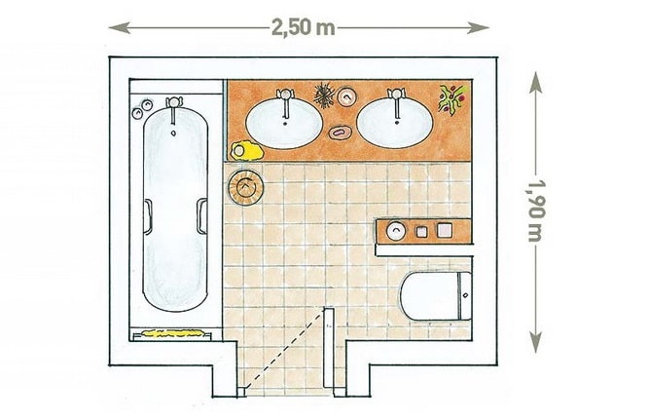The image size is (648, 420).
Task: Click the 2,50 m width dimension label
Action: (x=304, y=27)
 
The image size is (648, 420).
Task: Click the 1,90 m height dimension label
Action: (x=536, y=210)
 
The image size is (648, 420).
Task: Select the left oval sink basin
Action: (x=284, y=124)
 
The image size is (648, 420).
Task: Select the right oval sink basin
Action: (x=395, y=123)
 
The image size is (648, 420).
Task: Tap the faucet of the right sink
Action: (x=396, y=101)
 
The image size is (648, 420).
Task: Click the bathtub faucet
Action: (x=174, y=108)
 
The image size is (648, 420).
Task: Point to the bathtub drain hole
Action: (x=173, y=134)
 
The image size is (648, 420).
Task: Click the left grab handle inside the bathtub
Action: (x=148, y=216)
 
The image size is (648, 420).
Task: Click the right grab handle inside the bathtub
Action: (x=201, y=216)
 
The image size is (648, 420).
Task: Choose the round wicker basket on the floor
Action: (x=245, y=187)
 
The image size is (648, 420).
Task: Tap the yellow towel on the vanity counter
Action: (x=246, y=151)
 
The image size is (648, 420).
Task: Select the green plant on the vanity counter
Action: (x=453, y=99)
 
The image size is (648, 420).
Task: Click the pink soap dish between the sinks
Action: (x=340, y=133)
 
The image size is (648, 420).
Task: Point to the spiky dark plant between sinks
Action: (x=324, y=95)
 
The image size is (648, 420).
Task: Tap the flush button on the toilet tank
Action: (x=466, y=295)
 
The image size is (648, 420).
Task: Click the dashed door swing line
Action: (x=284, y=350)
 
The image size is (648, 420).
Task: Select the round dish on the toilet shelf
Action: (x=396, y=231)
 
